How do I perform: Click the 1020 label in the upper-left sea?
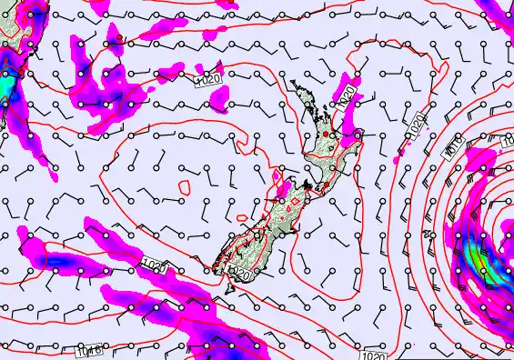209,81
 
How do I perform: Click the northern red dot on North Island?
326,135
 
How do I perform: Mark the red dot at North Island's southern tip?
321,186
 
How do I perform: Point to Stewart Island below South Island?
228,289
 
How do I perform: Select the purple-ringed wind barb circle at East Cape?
358,135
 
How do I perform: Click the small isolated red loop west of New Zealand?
185,188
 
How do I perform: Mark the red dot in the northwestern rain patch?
118,37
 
